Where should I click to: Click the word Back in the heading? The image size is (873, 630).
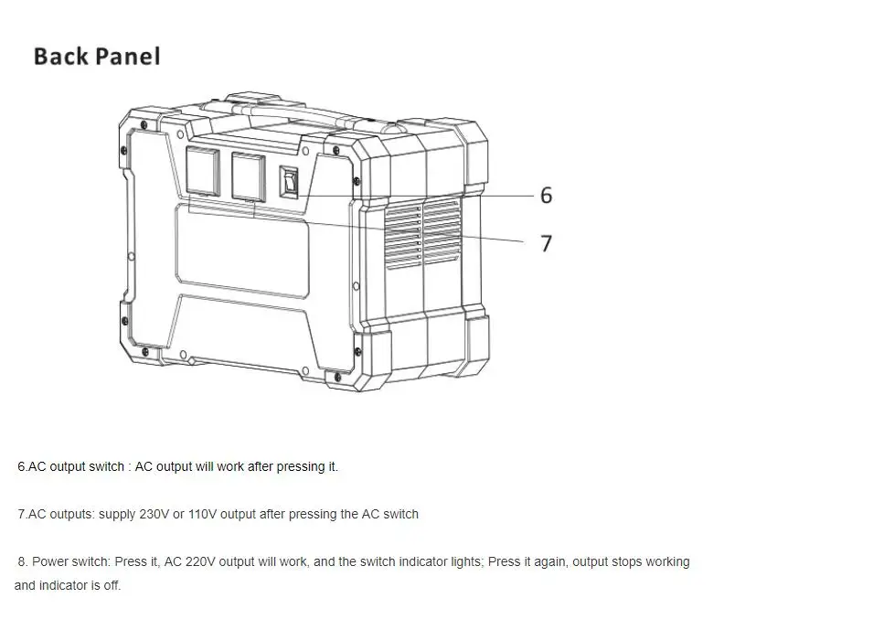point(60,57)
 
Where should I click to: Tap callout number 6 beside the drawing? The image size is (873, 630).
point(546,195)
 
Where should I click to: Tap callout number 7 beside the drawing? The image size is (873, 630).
point(546,243)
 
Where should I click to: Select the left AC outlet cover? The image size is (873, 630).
point(204,170)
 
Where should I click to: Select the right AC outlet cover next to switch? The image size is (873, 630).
point(248,176)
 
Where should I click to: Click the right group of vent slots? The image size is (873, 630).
point(442,232)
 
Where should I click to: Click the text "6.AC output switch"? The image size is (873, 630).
point(71,466)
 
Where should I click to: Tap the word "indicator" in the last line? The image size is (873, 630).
point(63,585)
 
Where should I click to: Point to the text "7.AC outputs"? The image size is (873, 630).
point(55,514)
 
